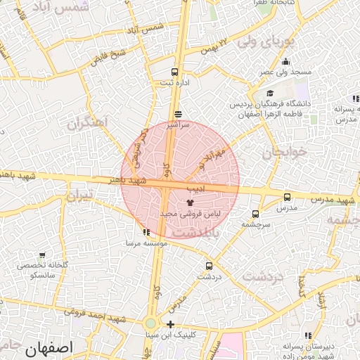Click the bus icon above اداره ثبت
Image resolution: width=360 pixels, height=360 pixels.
pyautogui.click(x=174, y=72)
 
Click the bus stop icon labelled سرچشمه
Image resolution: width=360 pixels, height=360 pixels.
pyautogui.click(x=255, y=214)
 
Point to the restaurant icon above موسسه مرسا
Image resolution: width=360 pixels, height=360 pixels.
pyautogui.click(x=146, y=232)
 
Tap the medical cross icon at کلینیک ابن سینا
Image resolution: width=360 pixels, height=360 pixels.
pyautogui.click(x=171, y=324)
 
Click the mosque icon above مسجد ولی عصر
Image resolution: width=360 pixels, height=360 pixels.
pyautogui.click(x=285, y=62)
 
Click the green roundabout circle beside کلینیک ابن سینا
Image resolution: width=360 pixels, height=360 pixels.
pyautogui.click(x=150, y=324)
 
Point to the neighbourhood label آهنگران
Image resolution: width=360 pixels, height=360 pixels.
pyautogui.click(x=88, y=123)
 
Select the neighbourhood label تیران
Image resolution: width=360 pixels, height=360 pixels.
pyautogui.click(x=79, y=195)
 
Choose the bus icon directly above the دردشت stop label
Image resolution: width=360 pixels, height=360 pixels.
pyautogui.click(x=209, y=266)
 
